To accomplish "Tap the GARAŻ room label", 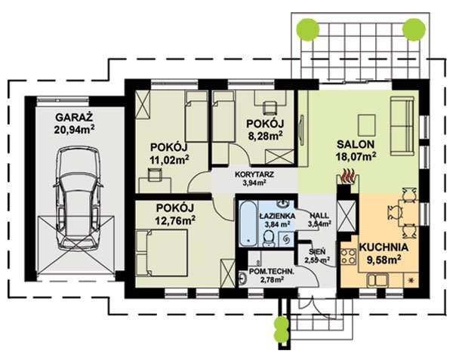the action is (74, 118).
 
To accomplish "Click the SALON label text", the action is (356, 144).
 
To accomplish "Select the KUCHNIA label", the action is (384, 248).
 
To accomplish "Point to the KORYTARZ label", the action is (254, 174).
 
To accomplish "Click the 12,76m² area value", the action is (175, 220).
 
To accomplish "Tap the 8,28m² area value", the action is (265, 135).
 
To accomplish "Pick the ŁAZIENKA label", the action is (277, 216).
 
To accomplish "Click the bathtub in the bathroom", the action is (248, 223).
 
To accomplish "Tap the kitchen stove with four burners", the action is (348, 257).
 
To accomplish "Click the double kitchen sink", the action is (377, 280).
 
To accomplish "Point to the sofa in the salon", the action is (404, 126).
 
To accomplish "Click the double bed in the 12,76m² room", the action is (162, 253).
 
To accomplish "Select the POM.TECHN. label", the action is (267, 272).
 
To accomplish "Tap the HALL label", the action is (319, 216).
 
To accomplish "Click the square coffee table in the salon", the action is (367, 125).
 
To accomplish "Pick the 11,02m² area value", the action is (169, 158).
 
